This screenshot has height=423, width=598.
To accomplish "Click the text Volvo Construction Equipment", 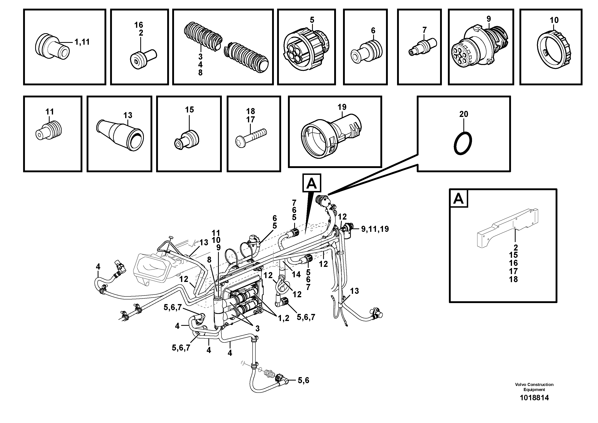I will click(x=534, y=387).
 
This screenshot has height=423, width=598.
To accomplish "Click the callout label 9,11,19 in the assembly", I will click(x=375, y=229).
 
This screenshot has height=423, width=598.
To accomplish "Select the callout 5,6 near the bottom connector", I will click(x=303, y=381).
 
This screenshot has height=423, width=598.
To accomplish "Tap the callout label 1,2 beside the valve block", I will click(x=283, y=318).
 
